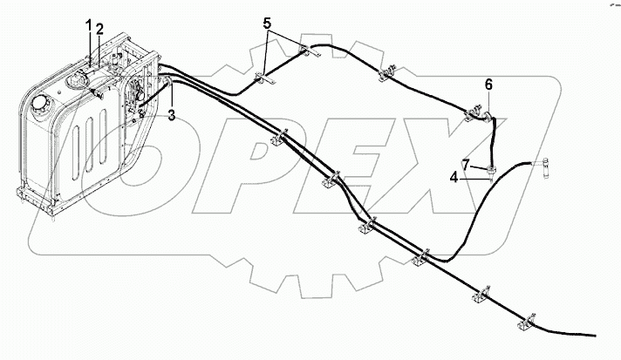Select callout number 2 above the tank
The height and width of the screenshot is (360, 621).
99,30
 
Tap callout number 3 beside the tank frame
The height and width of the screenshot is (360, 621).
173,114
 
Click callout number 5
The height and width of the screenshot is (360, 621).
268,23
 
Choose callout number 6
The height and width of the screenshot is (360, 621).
488,84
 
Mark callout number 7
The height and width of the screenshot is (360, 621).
467,164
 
